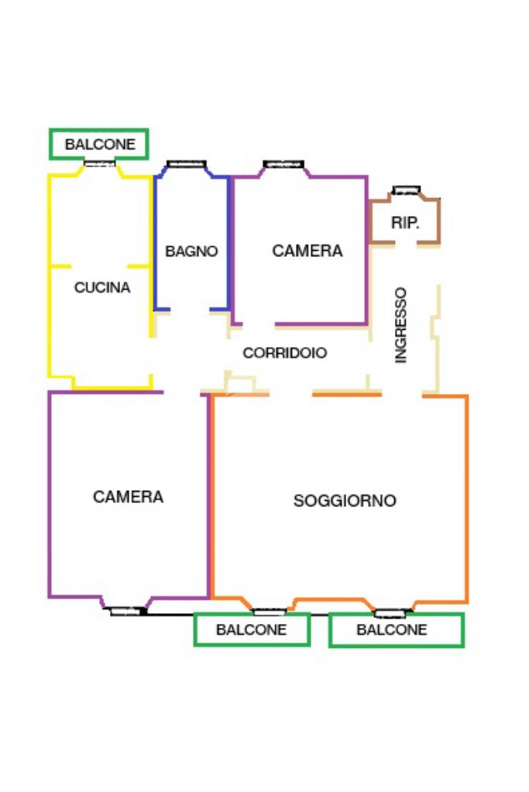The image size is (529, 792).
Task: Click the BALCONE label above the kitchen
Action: pos(99,144)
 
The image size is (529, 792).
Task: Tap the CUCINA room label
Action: pos(102,288)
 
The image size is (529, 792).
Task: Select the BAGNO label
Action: pos(191,252)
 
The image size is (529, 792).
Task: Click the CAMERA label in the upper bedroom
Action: pos(307,251)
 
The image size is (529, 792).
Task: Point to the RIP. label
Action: pos(405,223)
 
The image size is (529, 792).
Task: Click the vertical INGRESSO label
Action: pos(400,325)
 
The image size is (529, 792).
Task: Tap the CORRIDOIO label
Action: pos(285,353)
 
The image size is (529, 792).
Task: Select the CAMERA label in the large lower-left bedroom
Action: pos(128,497)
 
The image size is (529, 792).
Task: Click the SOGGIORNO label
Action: pos(345,501)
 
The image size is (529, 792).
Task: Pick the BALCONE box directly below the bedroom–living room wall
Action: pos(252,629)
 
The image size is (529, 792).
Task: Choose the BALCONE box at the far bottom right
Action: pos(396,630)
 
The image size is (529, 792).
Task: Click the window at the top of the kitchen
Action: pos(100,163)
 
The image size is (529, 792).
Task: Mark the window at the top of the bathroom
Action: pos(187,163)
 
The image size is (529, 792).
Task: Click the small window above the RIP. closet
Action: pos(406,190)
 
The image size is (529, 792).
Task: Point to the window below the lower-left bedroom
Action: pos(127,611)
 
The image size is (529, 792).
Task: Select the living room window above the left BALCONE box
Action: pos(270,612)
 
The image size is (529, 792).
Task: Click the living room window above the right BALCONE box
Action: pos(390,613)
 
